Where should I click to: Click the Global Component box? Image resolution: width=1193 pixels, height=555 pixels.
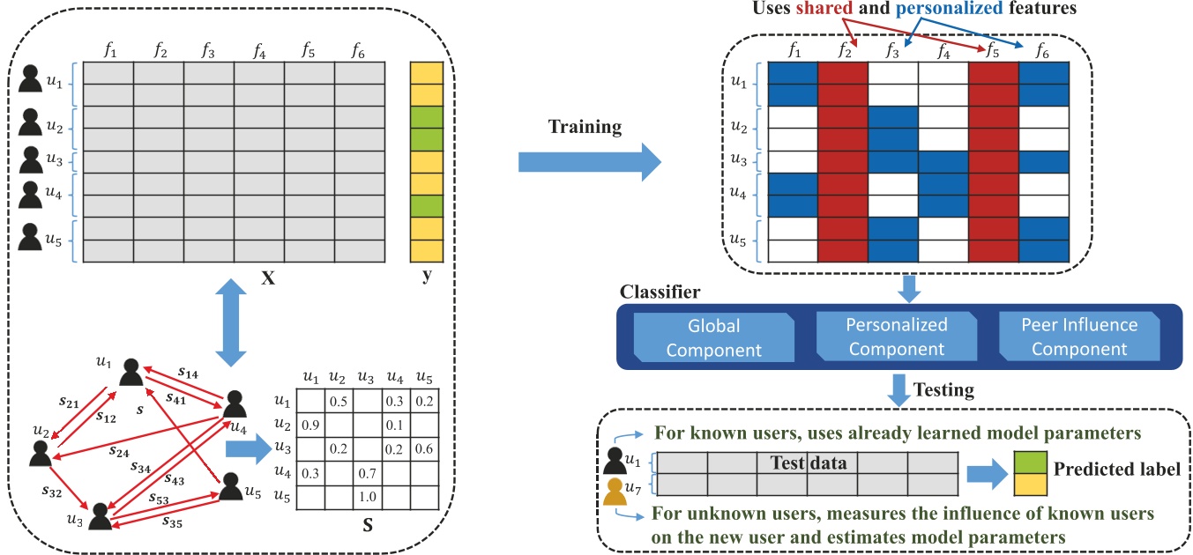pyautogui.click(x=713, y=337)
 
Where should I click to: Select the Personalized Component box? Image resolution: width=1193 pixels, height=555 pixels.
pyautogui.click(x=897, y=337)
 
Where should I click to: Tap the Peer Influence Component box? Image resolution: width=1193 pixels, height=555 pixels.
pyautogui.click(x=1079, y=337)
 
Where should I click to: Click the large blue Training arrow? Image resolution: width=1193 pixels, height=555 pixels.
pyautogui.click(x=590, y=162)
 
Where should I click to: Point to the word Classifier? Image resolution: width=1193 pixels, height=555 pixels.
pyautogui.click(x=660, y=292)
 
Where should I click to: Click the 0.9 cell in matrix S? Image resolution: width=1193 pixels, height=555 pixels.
pyautogui.click(x=310, y=425)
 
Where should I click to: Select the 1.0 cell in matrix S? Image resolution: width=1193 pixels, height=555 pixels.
pyautogui.click(x=368, y=497)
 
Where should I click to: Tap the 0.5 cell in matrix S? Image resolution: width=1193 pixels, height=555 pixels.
pyautogui.click(x=339, y=401)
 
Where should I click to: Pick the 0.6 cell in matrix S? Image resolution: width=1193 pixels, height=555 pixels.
pyautogui.click(x=424, y=449)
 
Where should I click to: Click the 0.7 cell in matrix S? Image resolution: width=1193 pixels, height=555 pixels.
pyautogui.click(x=368, y=473)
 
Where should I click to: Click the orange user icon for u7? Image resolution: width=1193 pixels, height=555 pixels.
pyautogui.click(x=615, y=492)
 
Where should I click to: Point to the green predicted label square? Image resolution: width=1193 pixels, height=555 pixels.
pyautogui.click(x=1030, y=462)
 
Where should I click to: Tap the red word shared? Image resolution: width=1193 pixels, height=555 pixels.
pyautogui.click(x=824, y=8)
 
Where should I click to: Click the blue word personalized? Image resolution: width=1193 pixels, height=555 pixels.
pyautogui.click(x=949, y=8)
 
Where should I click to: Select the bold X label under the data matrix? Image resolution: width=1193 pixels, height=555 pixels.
pyautogui.click(x=268, y=277)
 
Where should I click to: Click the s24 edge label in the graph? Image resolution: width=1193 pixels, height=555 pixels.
pyautogui.click(x=119, y=452)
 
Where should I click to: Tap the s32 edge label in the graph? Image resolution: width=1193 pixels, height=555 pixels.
pyautogui.click(x=52, y=492)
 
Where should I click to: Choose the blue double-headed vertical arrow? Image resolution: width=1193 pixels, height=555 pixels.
pyautogui.click(x=231, y=322)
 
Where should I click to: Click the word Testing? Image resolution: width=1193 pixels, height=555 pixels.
pyautogui.click(x=943, y=390)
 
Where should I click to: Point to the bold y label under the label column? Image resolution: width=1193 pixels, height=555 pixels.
pyautogui.click(x=427, y=276)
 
